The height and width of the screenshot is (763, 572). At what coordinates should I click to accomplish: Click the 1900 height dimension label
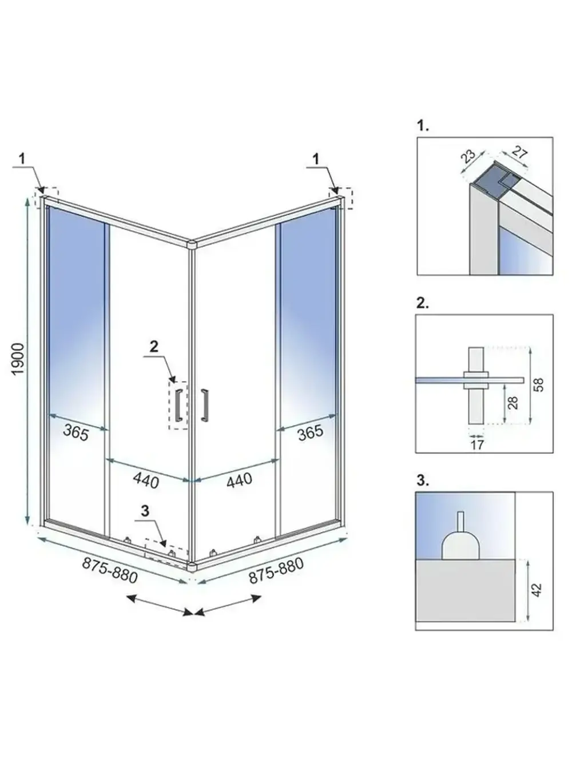(18, 359)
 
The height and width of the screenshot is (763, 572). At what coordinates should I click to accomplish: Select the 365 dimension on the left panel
(76, 433)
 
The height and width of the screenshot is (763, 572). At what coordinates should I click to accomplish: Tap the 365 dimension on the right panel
(310, 432)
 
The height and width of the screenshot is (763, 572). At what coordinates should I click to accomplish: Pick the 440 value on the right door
(239, 479)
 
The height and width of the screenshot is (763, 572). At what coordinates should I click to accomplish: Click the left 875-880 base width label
(110, 570)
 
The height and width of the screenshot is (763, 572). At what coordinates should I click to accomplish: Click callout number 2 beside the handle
(153, 345)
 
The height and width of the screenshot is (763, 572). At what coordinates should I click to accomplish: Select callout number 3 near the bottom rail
(145, 511)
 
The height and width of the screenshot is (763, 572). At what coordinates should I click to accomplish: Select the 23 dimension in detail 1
(468, 156)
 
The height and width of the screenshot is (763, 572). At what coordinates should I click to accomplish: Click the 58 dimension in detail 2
(538, 384)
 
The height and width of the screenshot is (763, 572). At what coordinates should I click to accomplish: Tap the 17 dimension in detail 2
(476, 444)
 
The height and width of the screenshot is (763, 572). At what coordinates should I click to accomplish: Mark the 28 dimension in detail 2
(513, 403)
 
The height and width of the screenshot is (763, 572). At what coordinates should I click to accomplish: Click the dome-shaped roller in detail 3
(460, 544)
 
